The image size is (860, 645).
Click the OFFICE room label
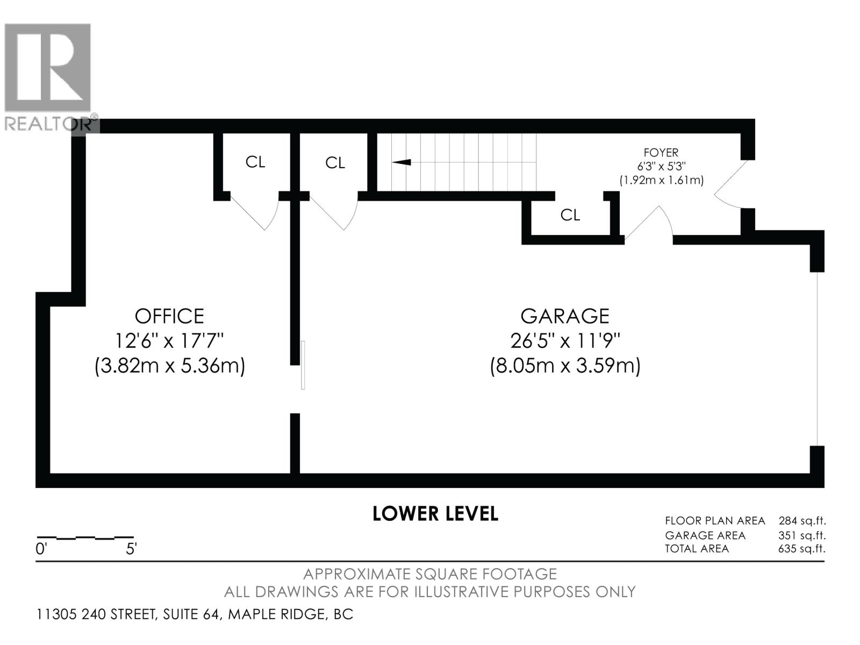point(169,316)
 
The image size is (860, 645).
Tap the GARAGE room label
point(564,316)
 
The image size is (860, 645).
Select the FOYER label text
point(661,152)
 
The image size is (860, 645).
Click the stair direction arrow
point(402,162)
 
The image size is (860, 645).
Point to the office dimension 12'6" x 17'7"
point(169,341)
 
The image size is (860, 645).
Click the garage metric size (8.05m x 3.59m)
point(565,366)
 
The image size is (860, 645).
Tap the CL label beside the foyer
point(570,215)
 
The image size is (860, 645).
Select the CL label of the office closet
point(255,162)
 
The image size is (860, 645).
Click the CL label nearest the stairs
point(335,163)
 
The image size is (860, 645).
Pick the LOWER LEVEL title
point(435,514)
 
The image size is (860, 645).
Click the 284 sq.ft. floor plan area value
point(802,521)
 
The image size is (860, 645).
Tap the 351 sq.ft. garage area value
point(802,535)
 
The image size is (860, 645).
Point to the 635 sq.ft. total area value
point(801,549)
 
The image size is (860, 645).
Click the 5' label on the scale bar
point(131,549)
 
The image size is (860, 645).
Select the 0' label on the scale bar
point(41,549)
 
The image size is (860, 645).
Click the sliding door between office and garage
point(303,365)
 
